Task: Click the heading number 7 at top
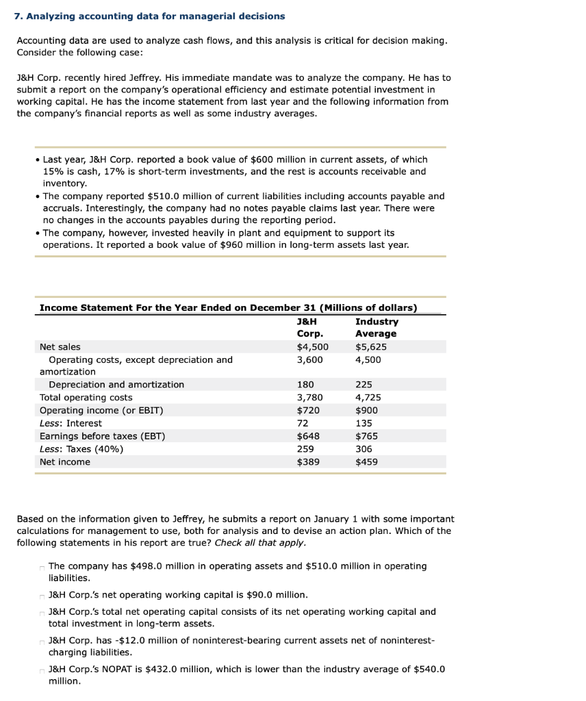(x=18, y=16)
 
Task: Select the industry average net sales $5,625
(x=370, y=347)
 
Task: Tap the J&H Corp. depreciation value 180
(x=305, y=385)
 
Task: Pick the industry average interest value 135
(x=364, y=423)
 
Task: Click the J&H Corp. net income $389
(x=307, y=462)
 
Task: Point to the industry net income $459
(x=366, y=462)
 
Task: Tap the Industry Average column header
(x=376, y=327)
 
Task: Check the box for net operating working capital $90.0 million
(x=42, y=596)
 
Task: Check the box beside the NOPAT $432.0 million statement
(x=42, y=670)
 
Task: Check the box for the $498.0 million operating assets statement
(x=42, y=568)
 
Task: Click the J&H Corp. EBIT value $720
(x=307, y=411)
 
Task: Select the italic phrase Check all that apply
(x=260, y=544)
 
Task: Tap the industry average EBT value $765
(x=366, y=436)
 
